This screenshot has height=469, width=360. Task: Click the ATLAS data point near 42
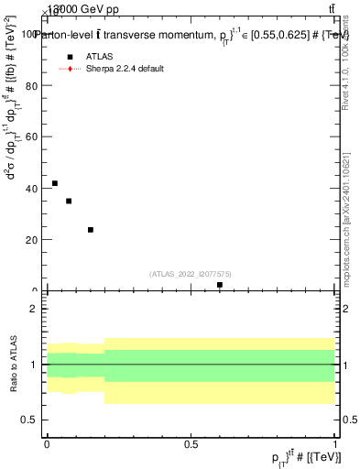pyautogui.click(x=55, y=184)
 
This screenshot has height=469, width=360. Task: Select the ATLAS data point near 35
pyautogui.click(x=69, y=202)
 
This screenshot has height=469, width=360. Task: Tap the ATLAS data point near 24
pyautogui.click(x=91, y=230)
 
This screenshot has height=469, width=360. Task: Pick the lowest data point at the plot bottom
pyautogui.click(x=220, y=285)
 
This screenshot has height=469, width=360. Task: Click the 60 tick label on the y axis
pyautogui.click(x=32, y=136)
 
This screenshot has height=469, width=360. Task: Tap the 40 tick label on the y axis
pyautogui.click(x=32, y=189)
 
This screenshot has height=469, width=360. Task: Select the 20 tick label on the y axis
pyautogui.click(x=32, y=240)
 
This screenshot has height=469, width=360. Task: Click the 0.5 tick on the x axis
pyautogui.click(x=191, y=443)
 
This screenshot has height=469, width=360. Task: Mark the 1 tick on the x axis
pyautogui.click(x=335, y=443)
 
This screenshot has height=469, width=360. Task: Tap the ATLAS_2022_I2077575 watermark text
pyautogui.click(x=191, y=274)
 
